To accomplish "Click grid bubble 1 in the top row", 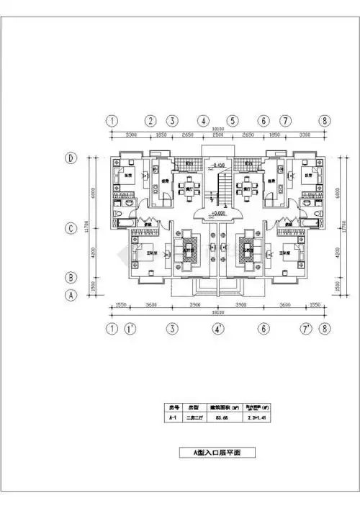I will pyautogui.click(x=112, y=121).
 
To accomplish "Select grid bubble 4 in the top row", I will pyautogui.click(x=204, y=121).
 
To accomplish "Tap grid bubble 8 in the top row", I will pyautogui.click(x=325, y=121).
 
